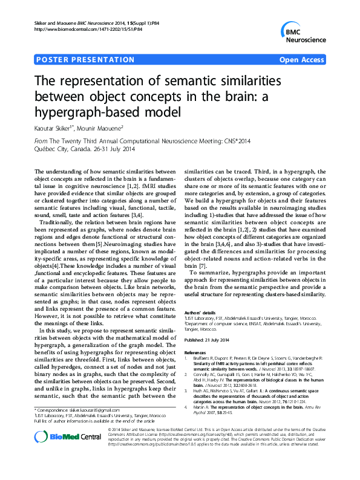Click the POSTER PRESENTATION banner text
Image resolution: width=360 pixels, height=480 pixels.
point(86,60)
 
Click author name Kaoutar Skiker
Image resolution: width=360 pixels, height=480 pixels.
point(53,128)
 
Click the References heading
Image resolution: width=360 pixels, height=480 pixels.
point(195,352)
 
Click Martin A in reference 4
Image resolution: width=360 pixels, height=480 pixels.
point(202,407)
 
